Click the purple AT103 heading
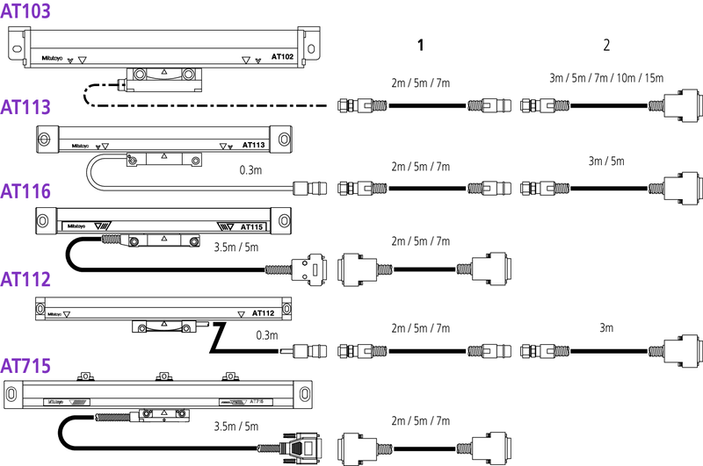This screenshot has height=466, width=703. pos(25,11)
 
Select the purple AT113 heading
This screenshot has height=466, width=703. pos(25,107)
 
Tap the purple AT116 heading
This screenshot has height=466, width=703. pos(25,191)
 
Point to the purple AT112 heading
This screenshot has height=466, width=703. pos(25,279)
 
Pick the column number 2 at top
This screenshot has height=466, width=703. pos(605,44)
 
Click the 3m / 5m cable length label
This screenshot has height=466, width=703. pos(606,161)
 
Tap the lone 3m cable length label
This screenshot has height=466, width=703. pos(606,327)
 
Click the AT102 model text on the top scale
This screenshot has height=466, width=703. pos(282,56)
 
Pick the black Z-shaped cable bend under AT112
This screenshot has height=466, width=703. pos(216,338)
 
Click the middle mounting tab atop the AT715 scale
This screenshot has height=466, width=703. pos(162,377)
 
